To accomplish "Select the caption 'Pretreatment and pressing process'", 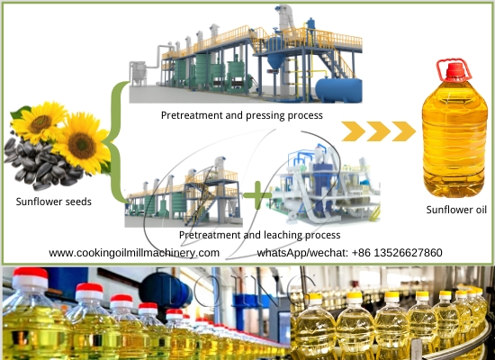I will pyautogui.click(x=241, y=115).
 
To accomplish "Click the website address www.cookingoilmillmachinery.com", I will pyautogui.click(x=134, y=253).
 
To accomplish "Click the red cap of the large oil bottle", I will pyautogui.click(x=449, y=69).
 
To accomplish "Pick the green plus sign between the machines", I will pyautogui.click(x=257, y=193).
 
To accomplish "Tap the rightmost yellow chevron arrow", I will pyautogui.click(x=402, y=131).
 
